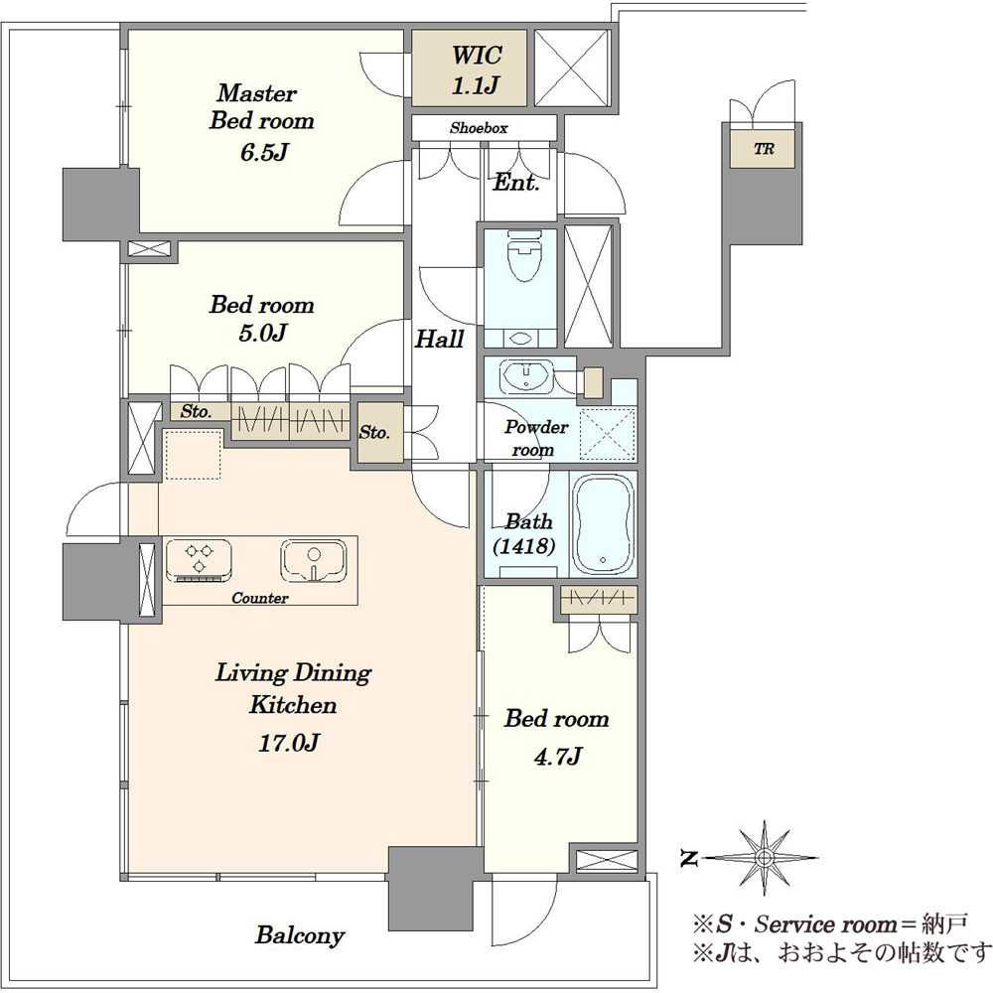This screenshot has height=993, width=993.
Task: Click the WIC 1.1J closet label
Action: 477,70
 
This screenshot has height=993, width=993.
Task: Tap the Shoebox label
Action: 479,128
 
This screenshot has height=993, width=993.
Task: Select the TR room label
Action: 764,150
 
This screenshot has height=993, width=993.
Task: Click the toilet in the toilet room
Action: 523,254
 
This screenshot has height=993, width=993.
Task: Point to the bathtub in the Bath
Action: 603,523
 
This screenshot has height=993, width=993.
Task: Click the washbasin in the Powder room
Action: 525,376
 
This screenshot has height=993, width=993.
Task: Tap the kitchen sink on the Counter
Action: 314,560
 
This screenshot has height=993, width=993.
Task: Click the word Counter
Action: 259,598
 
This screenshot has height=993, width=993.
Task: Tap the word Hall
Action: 440,340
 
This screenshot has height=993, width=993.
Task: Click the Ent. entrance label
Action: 516,183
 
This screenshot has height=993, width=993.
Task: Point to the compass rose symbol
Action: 765,858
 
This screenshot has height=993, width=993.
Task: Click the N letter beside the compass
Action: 688,859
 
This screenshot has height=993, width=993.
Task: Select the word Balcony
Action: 300,935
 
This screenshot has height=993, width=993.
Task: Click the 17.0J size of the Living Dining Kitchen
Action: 288,742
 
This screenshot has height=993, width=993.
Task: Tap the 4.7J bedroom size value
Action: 557,756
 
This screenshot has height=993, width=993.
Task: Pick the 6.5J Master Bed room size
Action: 264,153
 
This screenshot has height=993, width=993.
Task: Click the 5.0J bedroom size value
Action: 263,333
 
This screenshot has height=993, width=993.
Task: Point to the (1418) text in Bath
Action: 524,546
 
